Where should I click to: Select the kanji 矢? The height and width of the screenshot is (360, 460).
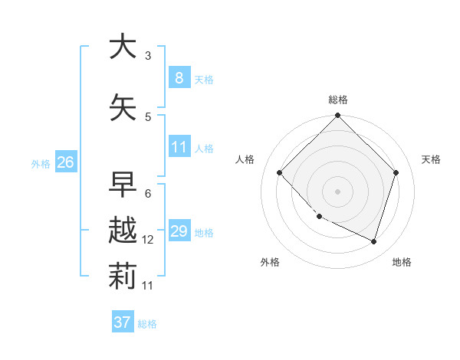123,108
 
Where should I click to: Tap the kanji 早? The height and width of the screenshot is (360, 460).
123,185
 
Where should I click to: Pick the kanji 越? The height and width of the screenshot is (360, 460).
123,231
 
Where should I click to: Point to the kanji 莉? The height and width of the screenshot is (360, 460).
123,277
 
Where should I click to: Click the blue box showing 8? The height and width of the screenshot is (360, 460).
179,78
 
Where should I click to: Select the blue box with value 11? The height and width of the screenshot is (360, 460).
179,147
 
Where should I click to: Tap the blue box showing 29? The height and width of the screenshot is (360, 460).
179,231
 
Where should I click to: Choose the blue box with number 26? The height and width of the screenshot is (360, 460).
65,162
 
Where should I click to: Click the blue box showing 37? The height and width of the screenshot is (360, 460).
123,322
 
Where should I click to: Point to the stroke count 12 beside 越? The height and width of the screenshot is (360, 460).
148,240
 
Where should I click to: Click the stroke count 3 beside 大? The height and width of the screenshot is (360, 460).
148,56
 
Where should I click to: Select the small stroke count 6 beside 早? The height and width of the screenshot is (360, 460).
148,194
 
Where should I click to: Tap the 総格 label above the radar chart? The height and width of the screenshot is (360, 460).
338,100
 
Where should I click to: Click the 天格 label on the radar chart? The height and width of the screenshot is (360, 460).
431,159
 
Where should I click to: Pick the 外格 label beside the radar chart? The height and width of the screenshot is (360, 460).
270,262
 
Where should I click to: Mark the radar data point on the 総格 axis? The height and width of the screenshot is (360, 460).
338,116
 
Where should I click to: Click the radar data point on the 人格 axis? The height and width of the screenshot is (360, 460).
280,172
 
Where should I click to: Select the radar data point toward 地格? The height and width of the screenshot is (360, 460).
374,241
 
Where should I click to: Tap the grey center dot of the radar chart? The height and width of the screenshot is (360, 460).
338,191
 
